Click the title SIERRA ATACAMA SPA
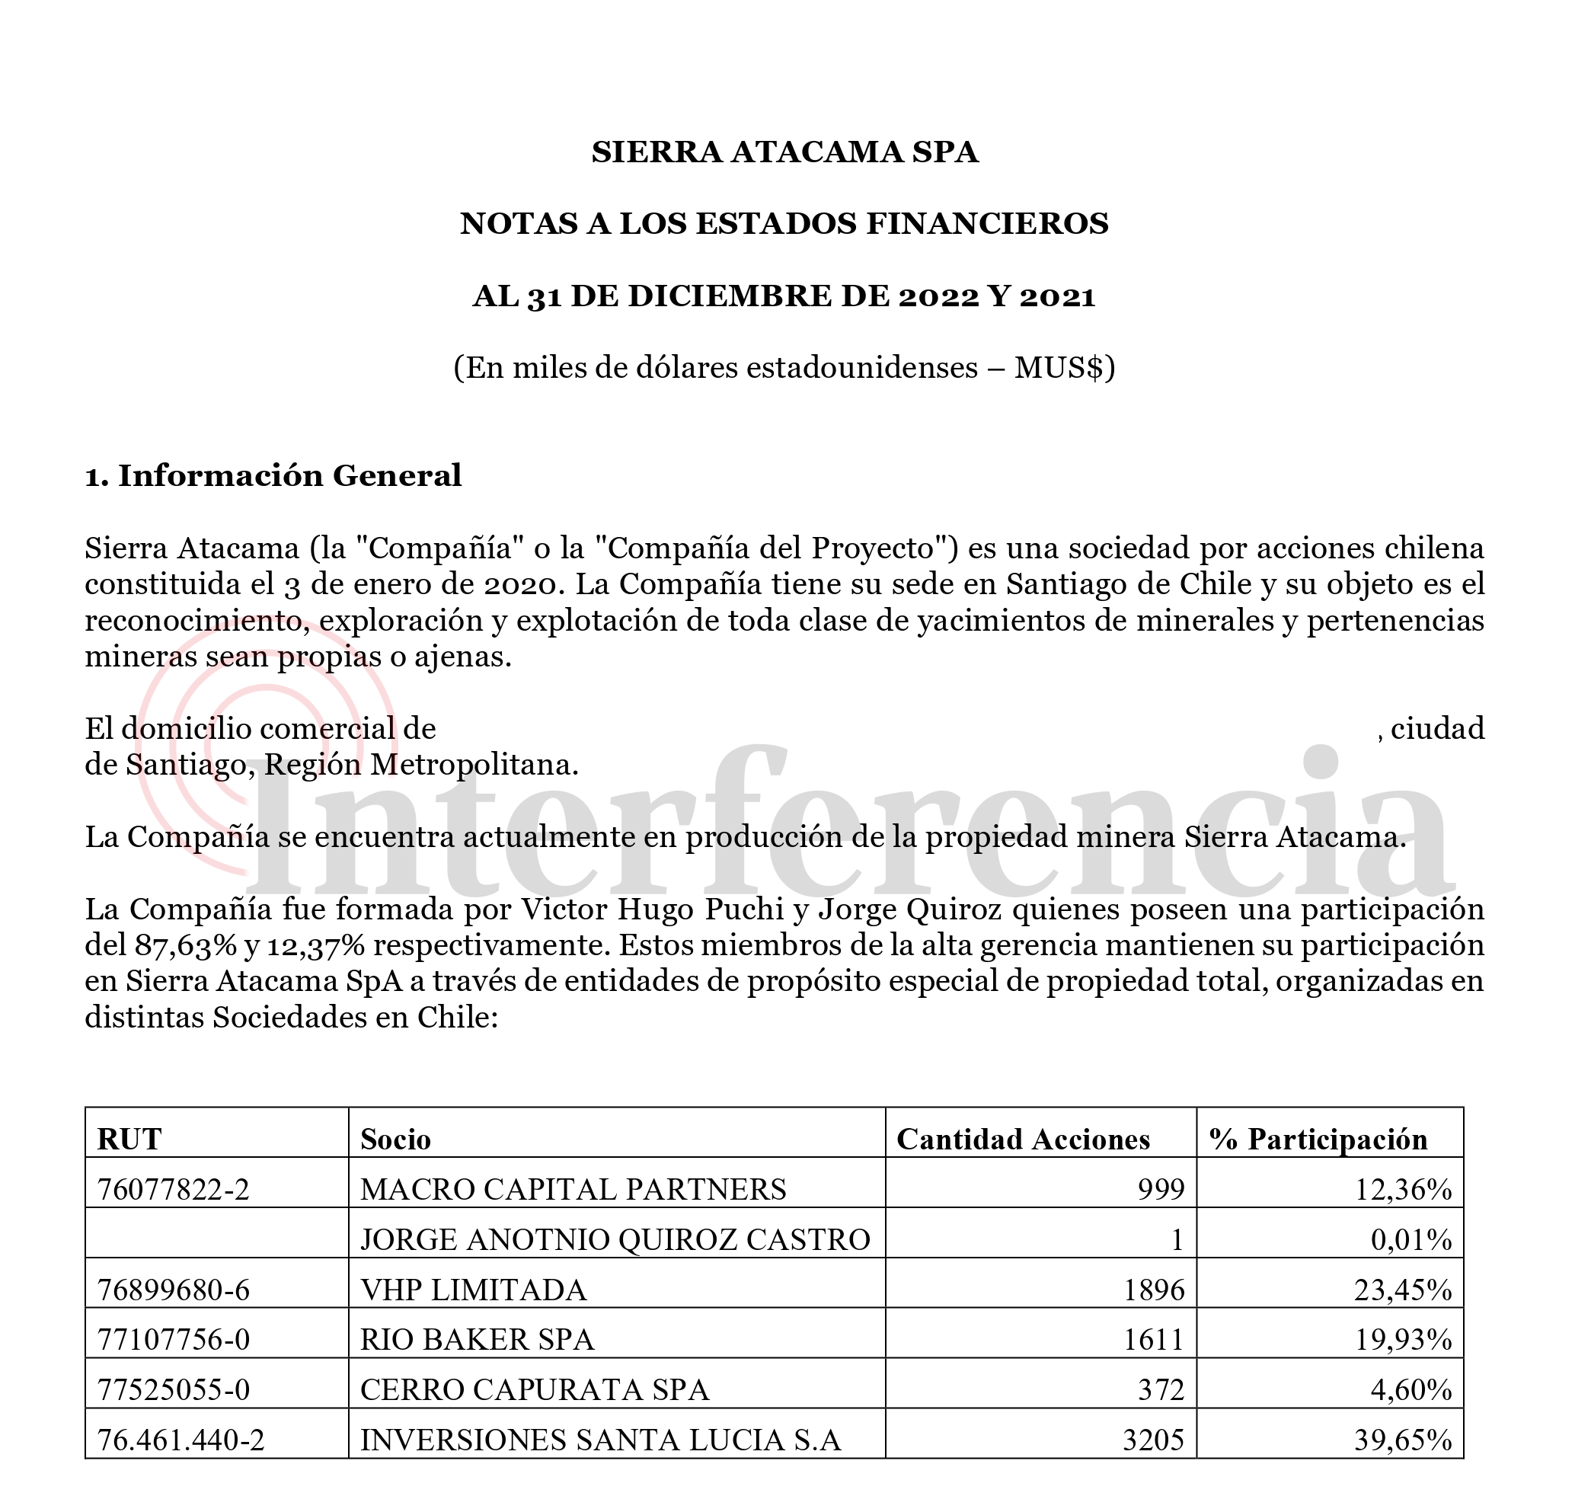point(784,152)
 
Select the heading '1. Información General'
point(273,475)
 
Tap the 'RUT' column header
point(129,1139)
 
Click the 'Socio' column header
point(395,1139)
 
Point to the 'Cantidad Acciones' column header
point(1023,1139)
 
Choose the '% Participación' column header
point(1318,1139)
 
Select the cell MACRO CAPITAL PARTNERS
point(573,1190)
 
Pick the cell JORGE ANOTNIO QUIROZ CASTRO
point(615,1239)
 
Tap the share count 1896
point(1154,1290)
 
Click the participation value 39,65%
point(1402,1440)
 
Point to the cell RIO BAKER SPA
point(476,1340)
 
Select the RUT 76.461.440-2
point(181,1440)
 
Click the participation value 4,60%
point(1410,1390)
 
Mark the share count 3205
point(1153,1440)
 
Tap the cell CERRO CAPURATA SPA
point(535,1390)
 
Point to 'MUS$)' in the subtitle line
point(1064,367)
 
